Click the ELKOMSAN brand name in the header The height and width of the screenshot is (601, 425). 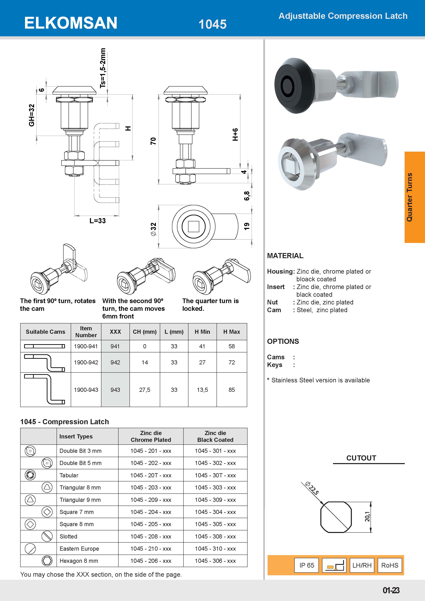pyautogui.click(x=71, y=23)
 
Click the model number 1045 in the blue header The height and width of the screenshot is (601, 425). pyautogui.click(x=212, y=24)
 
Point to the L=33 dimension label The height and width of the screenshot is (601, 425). pyautogui.click(x=98, y=221)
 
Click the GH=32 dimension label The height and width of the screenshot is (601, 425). pyautogui.click(x=32, y=115)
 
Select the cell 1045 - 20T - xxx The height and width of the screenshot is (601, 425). pyautogui.click(x=151, y=475)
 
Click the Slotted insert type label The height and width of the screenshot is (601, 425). pyautogui.click(x=68, y=536)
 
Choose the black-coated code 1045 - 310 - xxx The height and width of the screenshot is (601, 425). pyautogui.click(x=215, y=549)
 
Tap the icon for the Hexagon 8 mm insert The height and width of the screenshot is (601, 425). pyautogui.click(x=47, y=561)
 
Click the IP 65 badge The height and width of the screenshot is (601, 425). pyautogui.click(x=306, y=565)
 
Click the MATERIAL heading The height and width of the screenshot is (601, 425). pyautogui.click(x=285, y=256)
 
